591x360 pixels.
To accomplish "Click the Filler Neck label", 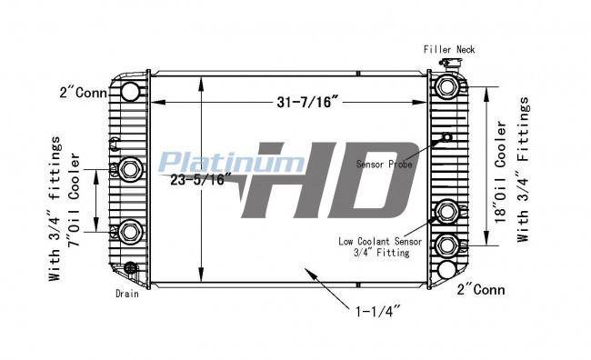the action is coord(449,49).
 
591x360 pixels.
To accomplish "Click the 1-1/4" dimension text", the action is coord(378,312).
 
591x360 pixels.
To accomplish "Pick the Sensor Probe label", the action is coord(384,164).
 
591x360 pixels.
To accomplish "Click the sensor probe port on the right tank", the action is coord(447,137).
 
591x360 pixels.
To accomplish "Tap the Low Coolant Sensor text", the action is coord(380,241).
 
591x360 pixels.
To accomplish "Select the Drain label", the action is coord(127,294).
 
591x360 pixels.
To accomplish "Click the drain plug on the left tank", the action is coord(130,267).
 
